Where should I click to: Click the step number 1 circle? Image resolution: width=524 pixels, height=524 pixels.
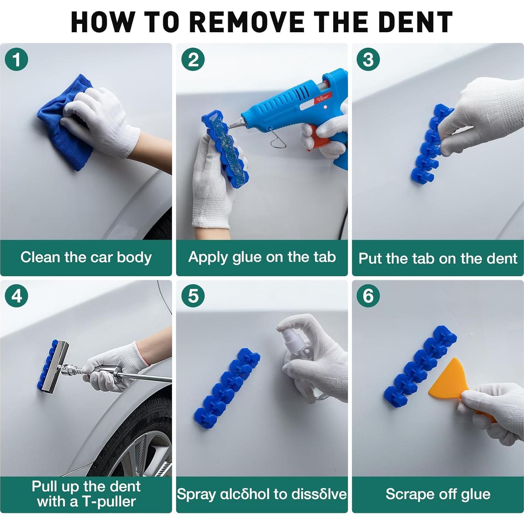16,59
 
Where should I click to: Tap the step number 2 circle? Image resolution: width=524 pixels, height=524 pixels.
193,59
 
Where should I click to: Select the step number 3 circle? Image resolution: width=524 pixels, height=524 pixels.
368,59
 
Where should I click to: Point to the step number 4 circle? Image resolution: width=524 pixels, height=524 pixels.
16,296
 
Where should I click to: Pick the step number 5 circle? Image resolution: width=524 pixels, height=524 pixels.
193,296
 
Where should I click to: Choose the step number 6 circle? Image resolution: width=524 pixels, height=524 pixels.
368,296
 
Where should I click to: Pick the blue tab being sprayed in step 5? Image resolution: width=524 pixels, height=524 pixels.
227,389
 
